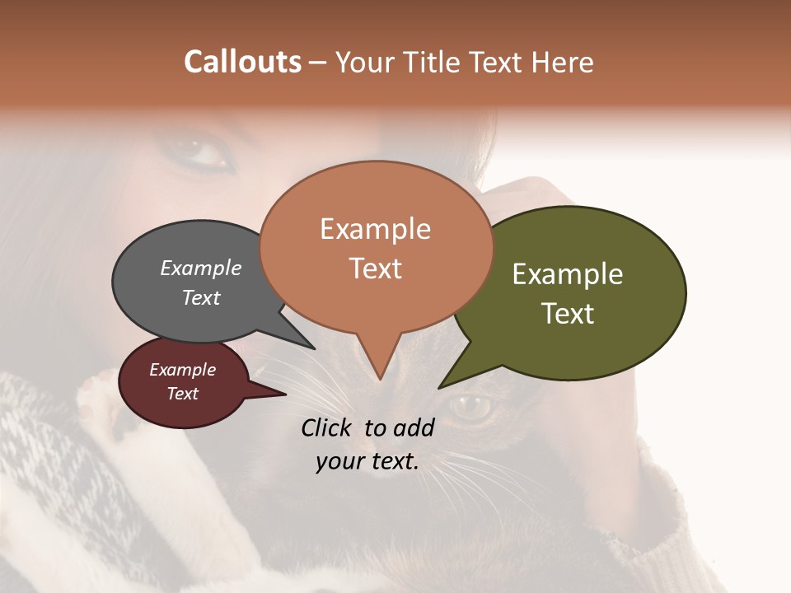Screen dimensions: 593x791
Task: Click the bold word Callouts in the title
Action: [242, 62]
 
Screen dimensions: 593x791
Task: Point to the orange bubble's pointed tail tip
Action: [380, 378]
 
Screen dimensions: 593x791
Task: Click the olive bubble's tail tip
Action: [440, 387]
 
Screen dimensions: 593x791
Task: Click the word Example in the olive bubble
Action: [568, 274]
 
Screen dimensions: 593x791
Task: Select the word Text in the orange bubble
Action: [376, 268]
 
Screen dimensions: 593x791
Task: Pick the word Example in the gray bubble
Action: [201, 268]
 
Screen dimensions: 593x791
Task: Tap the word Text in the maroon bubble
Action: [183, 394]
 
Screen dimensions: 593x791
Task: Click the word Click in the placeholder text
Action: [328, 427]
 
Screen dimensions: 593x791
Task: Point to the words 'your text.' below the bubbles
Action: [367, 461]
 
